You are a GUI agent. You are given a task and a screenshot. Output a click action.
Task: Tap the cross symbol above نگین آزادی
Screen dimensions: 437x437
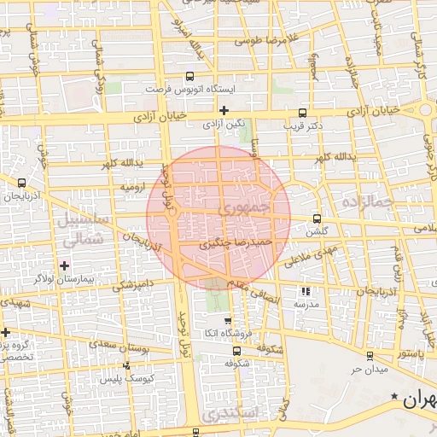(224, 110)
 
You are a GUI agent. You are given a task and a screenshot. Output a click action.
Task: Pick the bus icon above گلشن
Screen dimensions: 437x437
(318, 218)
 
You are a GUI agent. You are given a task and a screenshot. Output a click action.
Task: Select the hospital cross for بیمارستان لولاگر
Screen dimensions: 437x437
(65, 265)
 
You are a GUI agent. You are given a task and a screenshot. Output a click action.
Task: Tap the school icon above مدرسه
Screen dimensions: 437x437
(306, 291)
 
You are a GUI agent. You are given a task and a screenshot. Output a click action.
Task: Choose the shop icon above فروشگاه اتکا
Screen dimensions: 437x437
(226, 320)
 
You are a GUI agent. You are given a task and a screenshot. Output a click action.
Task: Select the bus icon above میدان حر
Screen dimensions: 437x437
(369, 356)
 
